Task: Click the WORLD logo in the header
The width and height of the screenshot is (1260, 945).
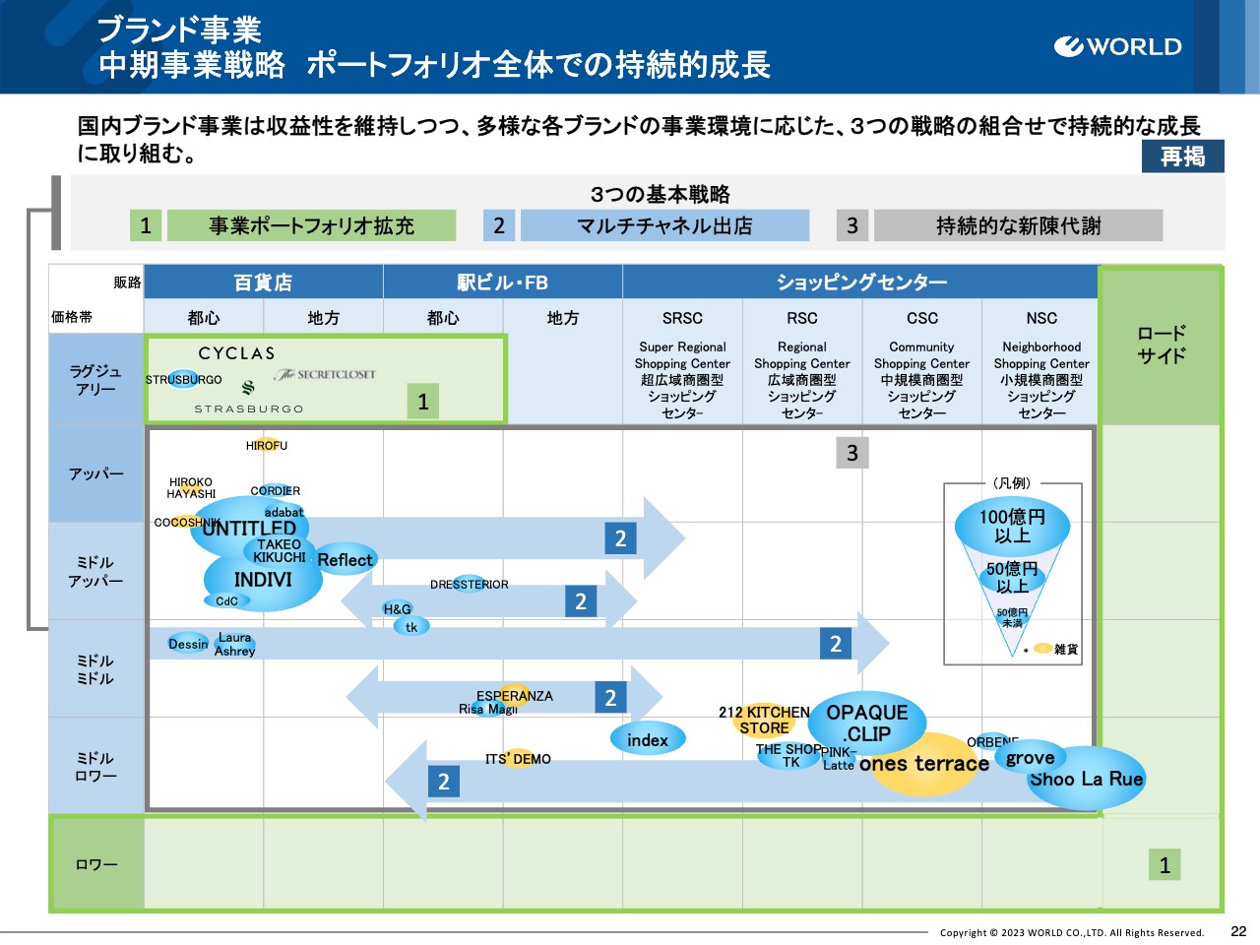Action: click(x=1117, y=46)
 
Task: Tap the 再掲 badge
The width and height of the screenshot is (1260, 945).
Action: click(x=1182, y=157)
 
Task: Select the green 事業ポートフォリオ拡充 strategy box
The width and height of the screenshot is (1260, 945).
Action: click(x=311, y=225)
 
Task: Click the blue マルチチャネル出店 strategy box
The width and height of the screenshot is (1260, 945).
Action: click(x=664, y=225)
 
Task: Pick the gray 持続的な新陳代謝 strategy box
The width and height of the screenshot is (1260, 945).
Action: click(x=1018, y=225)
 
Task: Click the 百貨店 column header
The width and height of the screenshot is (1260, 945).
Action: click(x=263, y=283)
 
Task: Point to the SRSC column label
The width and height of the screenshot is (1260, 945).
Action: click(x=682, y=318)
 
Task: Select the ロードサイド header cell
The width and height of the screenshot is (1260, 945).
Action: click(x=1162, y=345)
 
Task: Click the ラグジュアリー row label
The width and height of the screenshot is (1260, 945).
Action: click(x=95, y=380)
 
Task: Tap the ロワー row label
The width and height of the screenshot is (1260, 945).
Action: click(x=95, y=864)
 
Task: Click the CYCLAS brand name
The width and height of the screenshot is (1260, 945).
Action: click(x=236, y=352)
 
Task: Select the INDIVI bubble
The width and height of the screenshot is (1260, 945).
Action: click(x=263, y=581)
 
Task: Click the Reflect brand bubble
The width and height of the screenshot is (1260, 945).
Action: click(x=346, y=560)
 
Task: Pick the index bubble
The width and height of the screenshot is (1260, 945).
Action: click(x=647, y=740)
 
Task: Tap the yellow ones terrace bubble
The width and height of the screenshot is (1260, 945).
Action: click(x=923, y=765)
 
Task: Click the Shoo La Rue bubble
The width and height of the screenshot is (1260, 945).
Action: click(x=1087, y=780)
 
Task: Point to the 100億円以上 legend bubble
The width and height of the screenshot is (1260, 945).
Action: click(x=1012, y=527)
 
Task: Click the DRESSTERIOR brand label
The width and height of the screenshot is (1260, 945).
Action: click(x=470, y=585)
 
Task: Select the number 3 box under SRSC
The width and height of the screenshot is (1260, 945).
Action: click(x=852, y=453)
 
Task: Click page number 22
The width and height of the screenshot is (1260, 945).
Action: click(x=1238, y=931)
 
